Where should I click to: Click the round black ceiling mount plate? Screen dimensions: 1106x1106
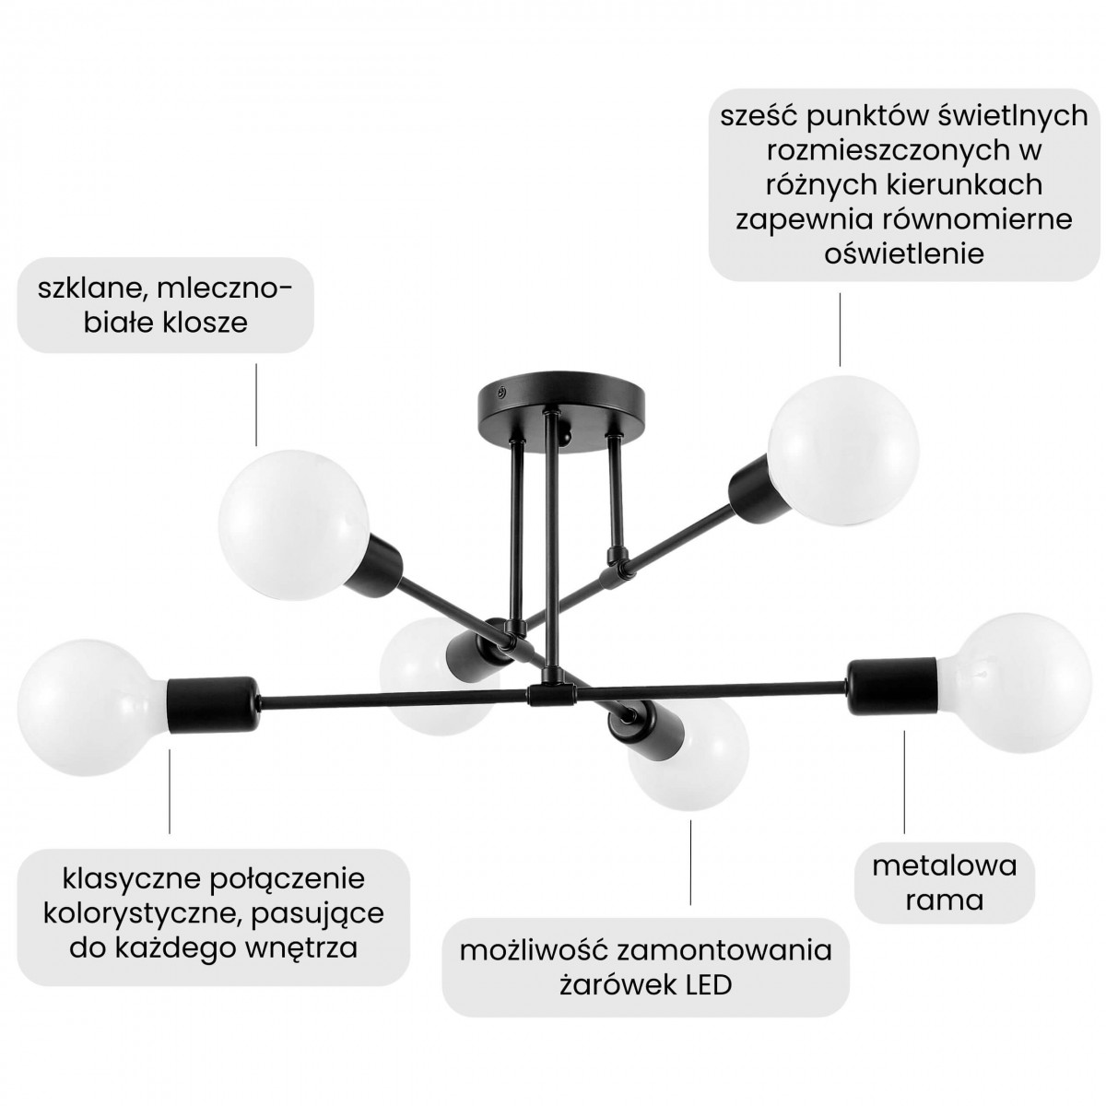click(x=561, y=410)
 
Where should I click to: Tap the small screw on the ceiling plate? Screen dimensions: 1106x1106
click(x=501, y=392)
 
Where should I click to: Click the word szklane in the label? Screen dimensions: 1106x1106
click(x=88, y=289)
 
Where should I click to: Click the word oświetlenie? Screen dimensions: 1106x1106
click(x=904, y=253)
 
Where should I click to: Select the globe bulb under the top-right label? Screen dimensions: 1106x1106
click(x=843, y=450)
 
